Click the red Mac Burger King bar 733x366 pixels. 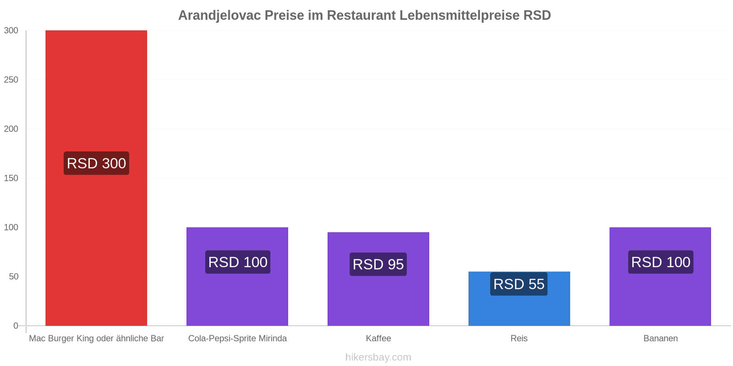(96, 178)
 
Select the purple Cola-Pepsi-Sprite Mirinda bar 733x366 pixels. (237, 276)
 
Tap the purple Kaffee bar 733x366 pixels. (378, 279)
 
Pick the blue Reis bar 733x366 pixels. (520, 299)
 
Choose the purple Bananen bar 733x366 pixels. (660, 276)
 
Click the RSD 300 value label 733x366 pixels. (96, 163)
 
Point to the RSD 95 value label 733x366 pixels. (378, 264)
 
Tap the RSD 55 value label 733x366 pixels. (519, 284)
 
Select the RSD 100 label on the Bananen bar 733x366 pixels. (661, 262)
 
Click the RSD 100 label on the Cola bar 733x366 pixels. (238, 262)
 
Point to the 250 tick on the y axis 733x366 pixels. (11, 80)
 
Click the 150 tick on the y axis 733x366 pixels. (11, 178)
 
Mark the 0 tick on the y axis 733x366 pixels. (16, 326)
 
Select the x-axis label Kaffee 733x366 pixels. (378, 338)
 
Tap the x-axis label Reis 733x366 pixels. (519, 338)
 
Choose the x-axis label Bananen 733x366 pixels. (660, 338)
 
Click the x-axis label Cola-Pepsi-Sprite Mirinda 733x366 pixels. (237, 338)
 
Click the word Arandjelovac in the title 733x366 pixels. (219, 16)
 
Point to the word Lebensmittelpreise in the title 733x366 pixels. (459, 16)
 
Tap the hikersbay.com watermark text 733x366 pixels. (378, 357)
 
